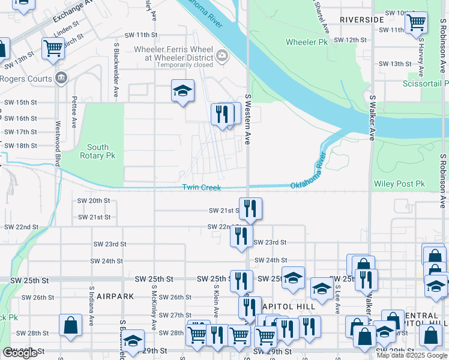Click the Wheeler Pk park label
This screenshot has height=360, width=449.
pyautogui.click(x=307, y=42)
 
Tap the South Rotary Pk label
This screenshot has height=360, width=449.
pyautogui.click(x=98, y=151)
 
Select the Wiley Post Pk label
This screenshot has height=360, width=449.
pyautogui.click(x=399, y=184)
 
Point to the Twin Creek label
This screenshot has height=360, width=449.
pyautogui.click(x=202, y=188)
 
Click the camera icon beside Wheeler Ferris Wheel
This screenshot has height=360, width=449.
pyautogui.click(x=223, y=56)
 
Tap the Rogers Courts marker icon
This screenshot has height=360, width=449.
pyautogui.click(x=61, y=78)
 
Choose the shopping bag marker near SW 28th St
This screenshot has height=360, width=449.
pyautogui.click(x=70, y=325)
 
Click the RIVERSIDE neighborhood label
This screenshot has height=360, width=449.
pyautogui.click(x=361, y=20)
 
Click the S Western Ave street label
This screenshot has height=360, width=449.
pyautogui.click(x=247, y=119)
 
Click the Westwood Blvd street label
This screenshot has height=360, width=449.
pyautogui.click(x=58, y=143)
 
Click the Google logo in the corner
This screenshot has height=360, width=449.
pyautogui.click(x=20, y=353)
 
